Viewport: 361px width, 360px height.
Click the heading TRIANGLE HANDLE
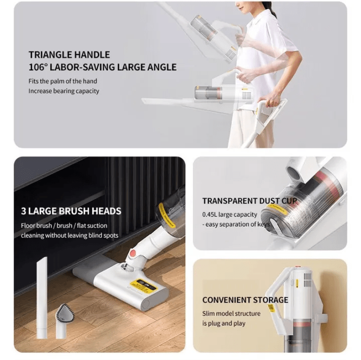69,55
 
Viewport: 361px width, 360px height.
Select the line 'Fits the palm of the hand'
63,81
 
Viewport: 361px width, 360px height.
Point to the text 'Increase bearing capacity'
64,91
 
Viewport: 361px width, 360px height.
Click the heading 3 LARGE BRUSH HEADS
71,211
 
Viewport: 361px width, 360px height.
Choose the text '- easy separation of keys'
236,224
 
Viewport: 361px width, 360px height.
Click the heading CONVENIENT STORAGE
245,300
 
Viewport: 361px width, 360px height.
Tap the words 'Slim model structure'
231,313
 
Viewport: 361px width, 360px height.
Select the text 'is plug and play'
224,323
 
